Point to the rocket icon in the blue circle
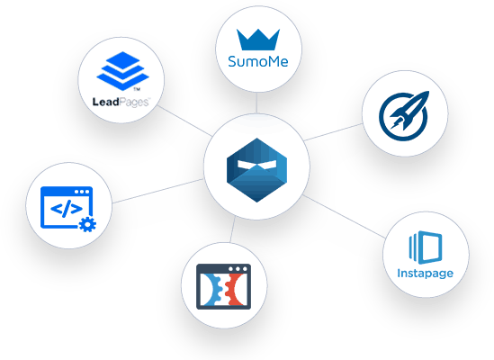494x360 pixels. pyautogui.click(x=405, y=113)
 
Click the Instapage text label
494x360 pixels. pyautogui.click(x=425, y=273)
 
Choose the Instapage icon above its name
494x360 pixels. pyautogui.click(x=424, y=246)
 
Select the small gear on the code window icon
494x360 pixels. pyautogui.click(x=87, y=224)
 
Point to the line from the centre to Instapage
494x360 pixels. pyautogui.click(x=346, y=213)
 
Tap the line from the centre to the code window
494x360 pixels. pyautogui.click(x=158, y=190)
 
